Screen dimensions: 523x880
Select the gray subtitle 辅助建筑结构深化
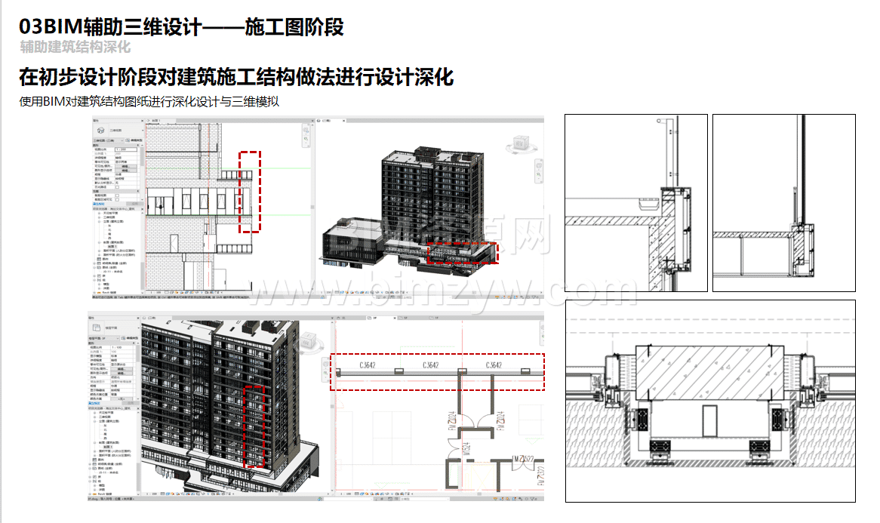pos(75,48)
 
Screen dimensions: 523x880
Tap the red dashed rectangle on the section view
pos(250,192)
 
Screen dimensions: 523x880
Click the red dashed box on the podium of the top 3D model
pos(463,253)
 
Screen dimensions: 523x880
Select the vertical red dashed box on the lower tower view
pos(256,427)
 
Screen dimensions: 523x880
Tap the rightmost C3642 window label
pos(494,366)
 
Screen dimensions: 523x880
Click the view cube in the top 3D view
pos(521,143)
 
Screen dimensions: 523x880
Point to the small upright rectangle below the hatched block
pos(709,420)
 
